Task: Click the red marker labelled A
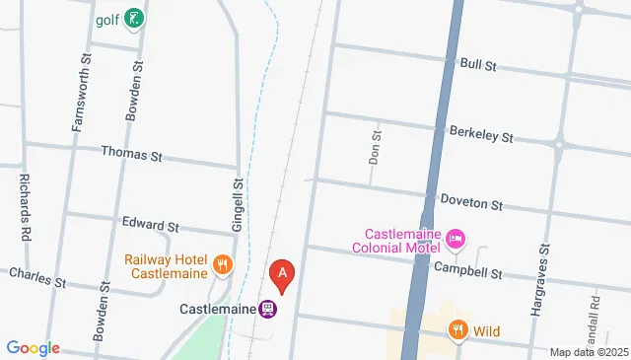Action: (x=283, y=273)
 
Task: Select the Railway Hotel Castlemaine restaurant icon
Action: (x=223, y=264)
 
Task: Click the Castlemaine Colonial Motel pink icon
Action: (x=456, y=238)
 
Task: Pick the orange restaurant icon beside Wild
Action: (x=457, y=330)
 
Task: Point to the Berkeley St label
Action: (x=481, y=133)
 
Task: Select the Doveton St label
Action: (x=471, y=202)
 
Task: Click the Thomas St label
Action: (x=131, y=155)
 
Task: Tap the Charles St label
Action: (x=36, y=277)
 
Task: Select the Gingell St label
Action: (x=238, y=205)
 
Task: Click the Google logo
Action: (x=32, y=348)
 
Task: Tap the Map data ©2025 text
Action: (x=588, y=352)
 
